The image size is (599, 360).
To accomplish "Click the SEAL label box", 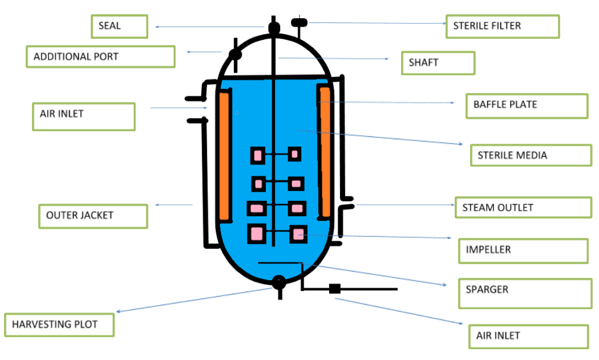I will [119, 26].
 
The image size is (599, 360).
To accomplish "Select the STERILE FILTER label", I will [502, 26].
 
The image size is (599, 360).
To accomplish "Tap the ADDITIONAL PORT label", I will [100, 57].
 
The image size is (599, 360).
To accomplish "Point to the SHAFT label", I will [438, 63].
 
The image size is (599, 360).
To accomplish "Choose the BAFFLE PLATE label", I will [526, 106].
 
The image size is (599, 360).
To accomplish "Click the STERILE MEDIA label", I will [531, 155].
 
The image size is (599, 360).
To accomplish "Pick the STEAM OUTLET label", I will [523, 208].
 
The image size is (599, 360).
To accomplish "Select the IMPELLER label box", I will [523, 250].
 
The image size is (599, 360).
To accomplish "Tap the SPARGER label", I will [524, 293].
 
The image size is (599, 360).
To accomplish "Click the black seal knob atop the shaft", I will [274, 26].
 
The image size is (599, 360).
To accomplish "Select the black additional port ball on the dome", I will [234, 54].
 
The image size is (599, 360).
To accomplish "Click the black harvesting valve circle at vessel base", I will [278, 281].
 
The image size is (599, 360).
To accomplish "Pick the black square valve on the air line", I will [335, 289].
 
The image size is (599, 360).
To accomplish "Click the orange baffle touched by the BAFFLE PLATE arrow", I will [325, 151].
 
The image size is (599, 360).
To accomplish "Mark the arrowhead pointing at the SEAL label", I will [157, 26].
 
